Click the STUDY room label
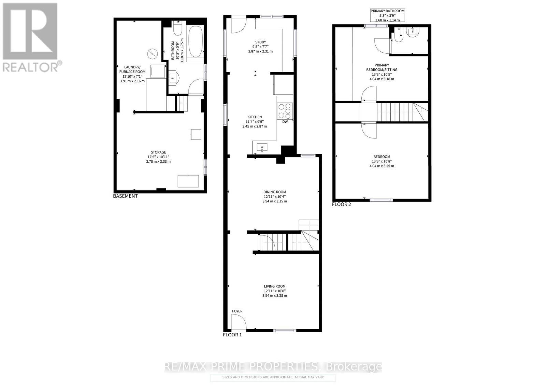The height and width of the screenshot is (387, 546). pos(260,42)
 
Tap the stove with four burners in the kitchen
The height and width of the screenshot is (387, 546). pos(285,110)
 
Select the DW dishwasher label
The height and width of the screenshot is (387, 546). pos(285,122)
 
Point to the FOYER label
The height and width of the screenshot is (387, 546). pos(237,311)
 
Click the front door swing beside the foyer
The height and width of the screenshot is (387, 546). pos(238,322)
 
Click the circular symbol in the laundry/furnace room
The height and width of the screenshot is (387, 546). pos(153,54)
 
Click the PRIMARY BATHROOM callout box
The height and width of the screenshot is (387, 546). pos(387,15)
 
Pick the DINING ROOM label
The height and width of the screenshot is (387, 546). pos(275,192)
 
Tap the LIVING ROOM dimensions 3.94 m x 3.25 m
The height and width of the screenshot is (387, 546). pos(275,295)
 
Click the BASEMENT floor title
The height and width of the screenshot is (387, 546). pos(126,196)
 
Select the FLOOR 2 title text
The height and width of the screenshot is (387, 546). pos(342,204)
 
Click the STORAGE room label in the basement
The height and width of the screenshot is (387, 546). pos(158,152)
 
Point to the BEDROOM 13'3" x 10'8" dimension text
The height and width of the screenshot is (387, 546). pos(382,161)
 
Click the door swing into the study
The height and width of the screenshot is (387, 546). pos(238,25)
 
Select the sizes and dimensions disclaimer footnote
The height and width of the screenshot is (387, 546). pos(273,377)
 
